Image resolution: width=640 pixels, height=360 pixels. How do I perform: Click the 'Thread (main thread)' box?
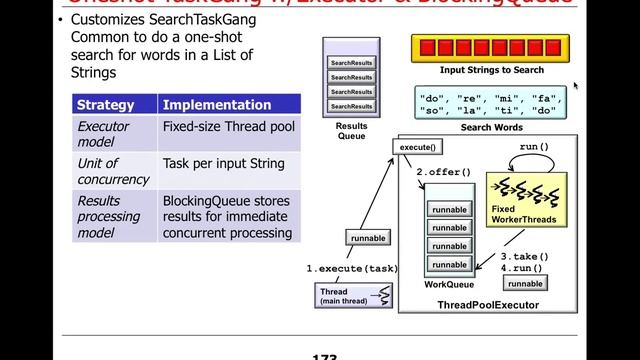tap(340, 296)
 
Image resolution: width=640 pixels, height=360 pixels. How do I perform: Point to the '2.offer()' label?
tap(443, 172)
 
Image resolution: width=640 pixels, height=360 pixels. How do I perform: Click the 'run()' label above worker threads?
tap(534, 148)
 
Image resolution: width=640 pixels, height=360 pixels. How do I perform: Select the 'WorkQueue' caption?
tap(448, 285)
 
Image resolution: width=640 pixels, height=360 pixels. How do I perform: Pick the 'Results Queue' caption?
tap(351, 131)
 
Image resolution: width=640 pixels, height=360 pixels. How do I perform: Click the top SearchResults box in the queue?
tap(352, 63)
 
